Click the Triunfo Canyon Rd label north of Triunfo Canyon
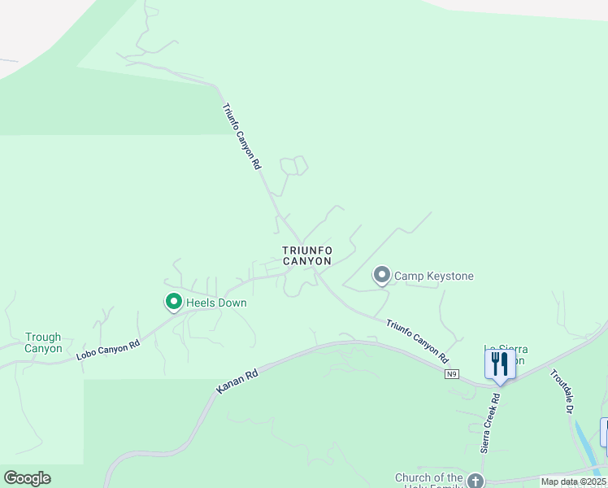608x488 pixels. pos(241,136)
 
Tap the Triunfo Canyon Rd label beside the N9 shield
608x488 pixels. pos(417,341)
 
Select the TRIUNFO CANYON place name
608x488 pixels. pos(307,256)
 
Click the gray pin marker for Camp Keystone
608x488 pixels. pos(381,276)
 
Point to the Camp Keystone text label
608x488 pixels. pos(434,277)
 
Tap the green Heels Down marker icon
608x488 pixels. pos(173,303)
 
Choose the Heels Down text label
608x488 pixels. pos(216,303)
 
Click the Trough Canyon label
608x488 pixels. pos(43,342)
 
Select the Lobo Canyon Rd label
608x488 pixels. pos(108,349)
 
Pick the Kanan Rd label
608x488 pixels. pos(237,379)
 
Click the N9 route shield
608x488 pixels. pos(452,374)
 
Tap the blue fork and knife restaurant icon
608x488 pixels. pos(500,364)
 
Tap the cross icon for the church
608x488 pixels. pos(476,480)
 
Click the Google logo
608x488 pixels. pos(27,478)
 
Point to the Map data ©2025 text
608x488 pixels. pos(574,481)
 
